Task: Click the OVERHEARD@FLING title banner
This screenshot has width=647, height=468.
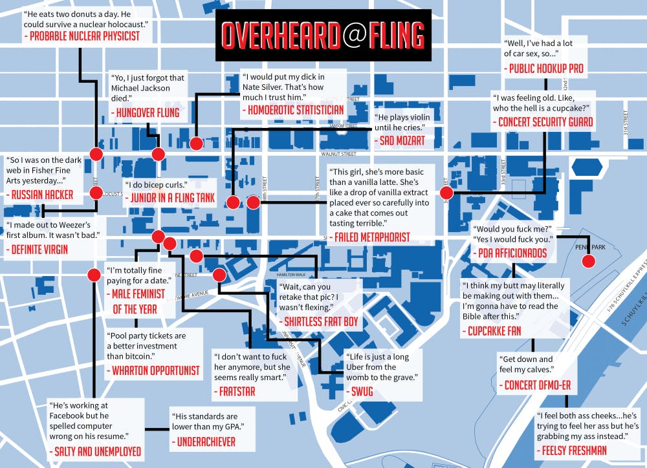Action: coord(321,35)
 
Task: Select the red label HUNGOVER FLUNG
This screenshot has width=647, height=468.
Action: coord(148,113)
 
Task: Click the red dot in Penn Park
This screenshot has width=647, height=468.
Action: coord(588,261)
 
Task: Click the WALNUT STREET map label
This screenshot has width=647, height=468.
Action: coord(339,154)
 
